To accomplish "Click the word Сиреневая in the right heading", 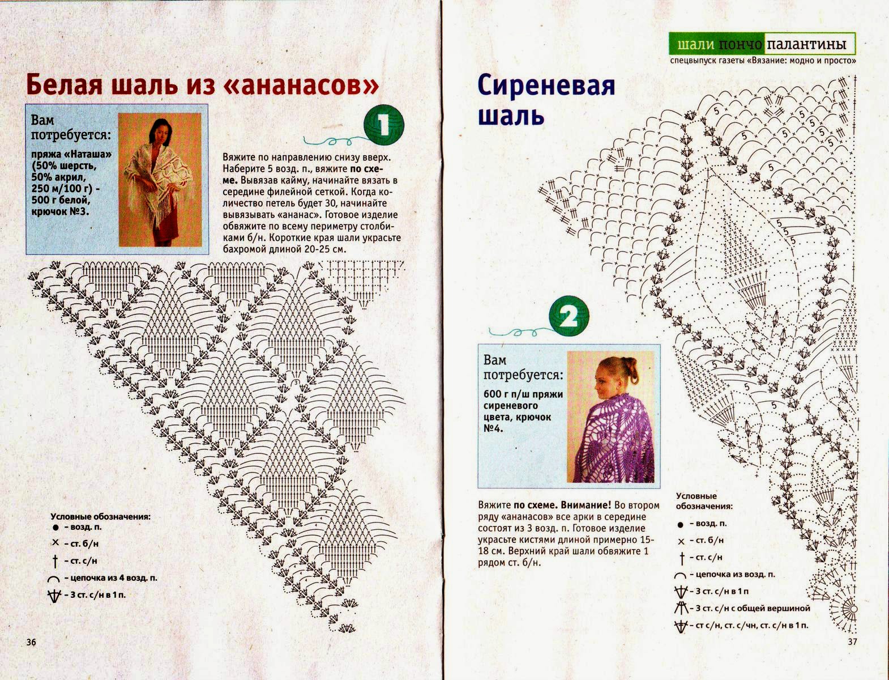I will click(546, 87).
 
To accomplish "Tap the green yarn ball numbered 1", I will click(383, 125).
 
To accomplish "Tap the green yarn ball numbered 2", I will click(569, 316).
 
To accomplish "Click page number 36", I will click(31, 642).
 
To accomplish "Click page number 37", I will click(853, 642).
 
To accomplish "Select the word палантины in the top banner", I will click(809, 44).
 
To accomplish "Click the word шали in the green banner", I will click(695, 44).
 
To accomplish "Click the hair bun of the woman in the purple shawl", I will click(630, 369).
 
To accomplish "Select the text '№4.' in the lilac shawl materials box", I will click(494, 428).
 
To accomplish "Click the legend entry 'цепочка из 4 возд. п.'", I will click(110, 578).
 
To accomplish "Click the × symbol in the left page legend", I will click(55, 542).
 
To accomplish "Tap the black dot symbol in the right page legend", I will click(680, 525).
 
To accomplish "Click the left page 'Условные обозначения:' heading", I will click(100, 517).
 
